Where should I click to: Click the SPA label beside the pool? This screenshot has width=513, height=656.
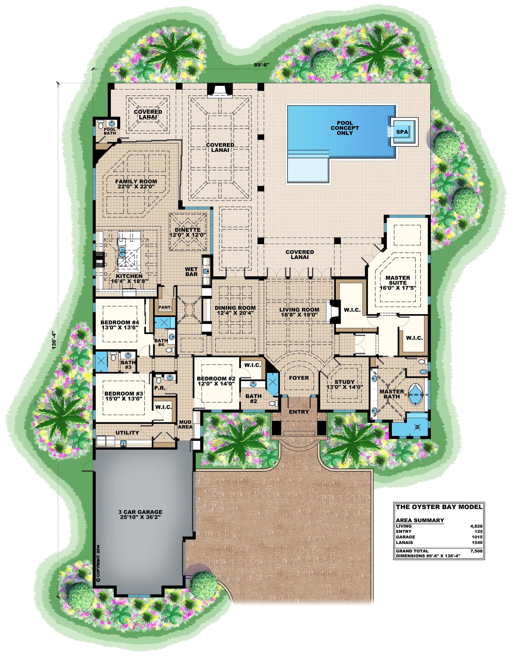pos(402,132)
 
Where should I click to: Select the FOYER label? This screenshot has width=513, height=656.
pos(299,378)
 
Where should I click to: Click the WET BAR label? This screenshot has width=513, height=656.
pos(191,271)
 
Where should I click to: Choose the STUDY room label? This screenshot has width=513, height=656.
pos(344,382)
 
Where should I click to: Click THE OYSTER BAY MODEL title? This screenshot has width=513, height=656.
pos(439,506)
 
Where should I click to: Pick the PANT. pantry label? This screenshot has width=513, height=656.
pos(165,307)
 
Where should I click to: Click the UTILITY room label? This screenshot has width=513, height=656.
pos(127,432)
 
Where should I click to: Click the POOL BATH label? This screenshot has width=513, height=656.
pos(110,131)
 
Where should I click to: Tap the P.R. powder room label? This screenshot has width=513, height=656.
pos(160,388)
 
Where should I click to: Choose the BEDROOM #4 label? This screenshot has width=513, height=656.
pos(120,322)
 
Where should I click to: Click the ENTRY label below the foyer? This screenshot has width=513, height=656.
pos(299,411)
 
